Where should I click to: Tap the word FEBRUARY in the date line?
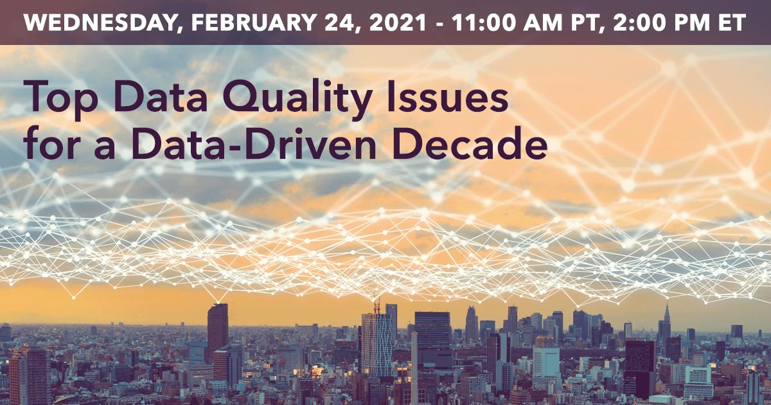[254, 22]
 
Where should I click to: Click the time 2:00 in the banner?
[641, 22]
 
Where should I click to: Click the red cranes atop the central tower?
[377, 306]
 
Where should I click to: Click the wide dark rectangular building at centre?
[432, 330]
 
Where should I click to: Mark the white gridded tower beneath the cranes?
[377, 345]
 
